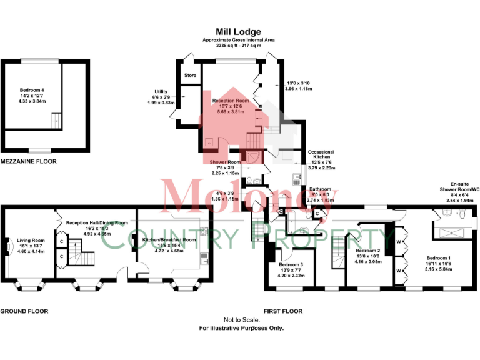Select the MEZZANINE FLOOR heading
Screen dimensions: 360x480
(28, 161)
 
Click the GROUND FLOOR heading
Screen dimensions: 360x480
(24, 311)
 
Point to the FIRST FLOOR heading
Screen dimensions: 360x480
(283, 311)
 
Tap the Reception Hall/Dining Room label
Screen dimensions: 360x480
(97, 222)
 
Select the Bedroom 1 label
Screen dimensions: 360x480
(437, 258)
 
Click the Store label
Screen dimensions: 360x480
(190, 76)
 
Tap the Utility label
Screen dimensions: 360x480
(160, 92)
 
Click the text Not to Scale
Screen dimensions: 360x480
(241, 320)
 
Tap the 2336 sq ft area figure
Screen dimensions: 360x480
(223, 46)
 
